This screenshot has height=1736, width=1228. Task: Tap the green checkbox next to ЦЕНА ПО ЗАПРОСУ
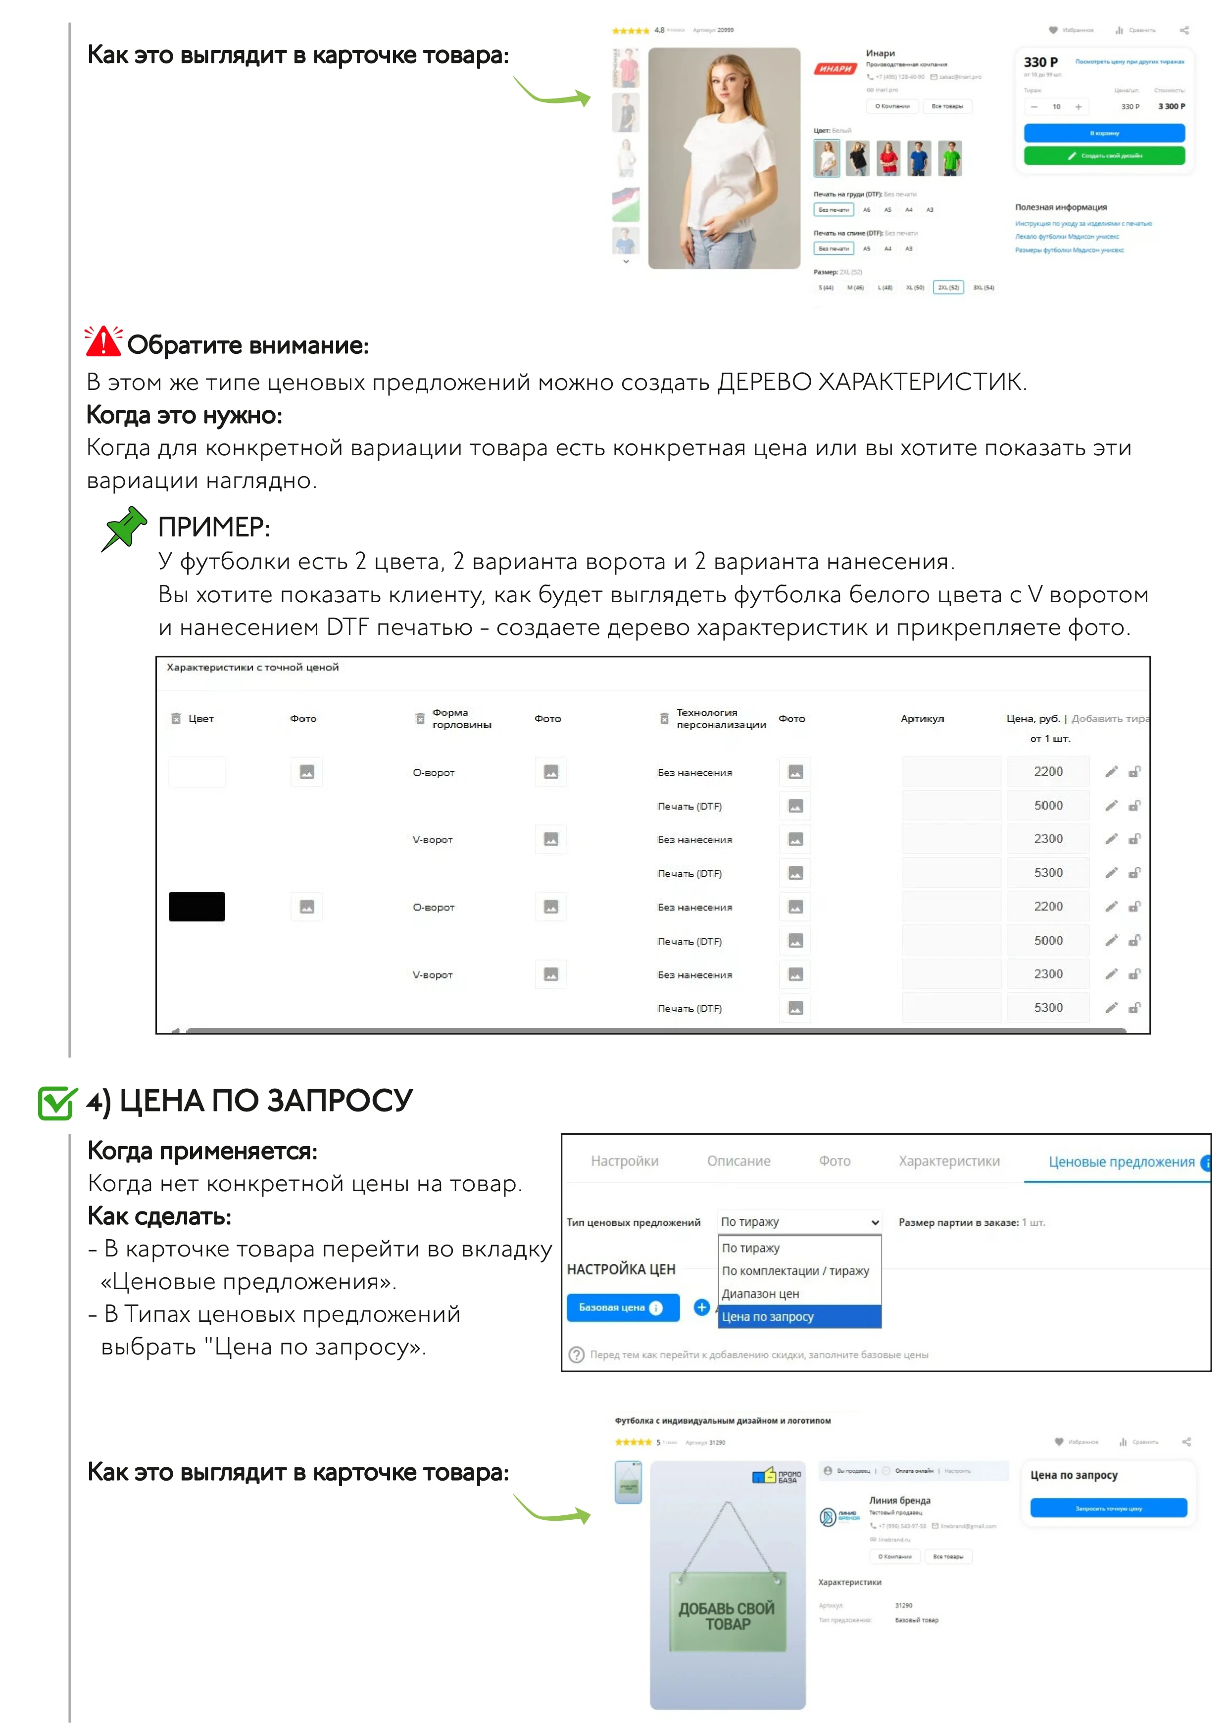click(x=57, y=1103)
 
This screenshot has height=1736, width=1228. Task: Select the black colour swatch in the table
click(x=196, y=907)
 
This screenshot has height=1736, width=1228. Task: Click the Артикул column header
click(x=922, y=718)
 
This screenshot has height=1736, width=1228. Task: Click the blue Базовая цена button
click(x=622, y=1307)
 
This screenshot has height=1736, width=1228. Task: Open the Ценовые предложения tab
click(x=1121, y=1162)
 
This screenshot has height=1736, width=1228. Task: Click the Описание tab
click(x=738, y=1161)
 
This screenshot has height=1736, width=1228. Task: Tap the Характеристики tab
click(x=949, y=1161)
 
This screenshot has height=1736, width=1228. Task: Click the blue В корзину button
click(x=1104, y=133)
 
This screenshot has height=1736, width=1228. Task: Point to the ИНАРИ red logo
click(x=835, y=69)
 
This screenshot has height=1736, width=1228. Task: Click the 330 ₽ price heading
click(x=1040, y=62)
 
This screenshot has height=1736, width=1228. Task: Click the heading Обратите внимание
click(x=247, y=345)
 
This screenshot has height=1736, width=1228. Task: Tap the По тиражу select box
click(x=799, y=1222)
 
